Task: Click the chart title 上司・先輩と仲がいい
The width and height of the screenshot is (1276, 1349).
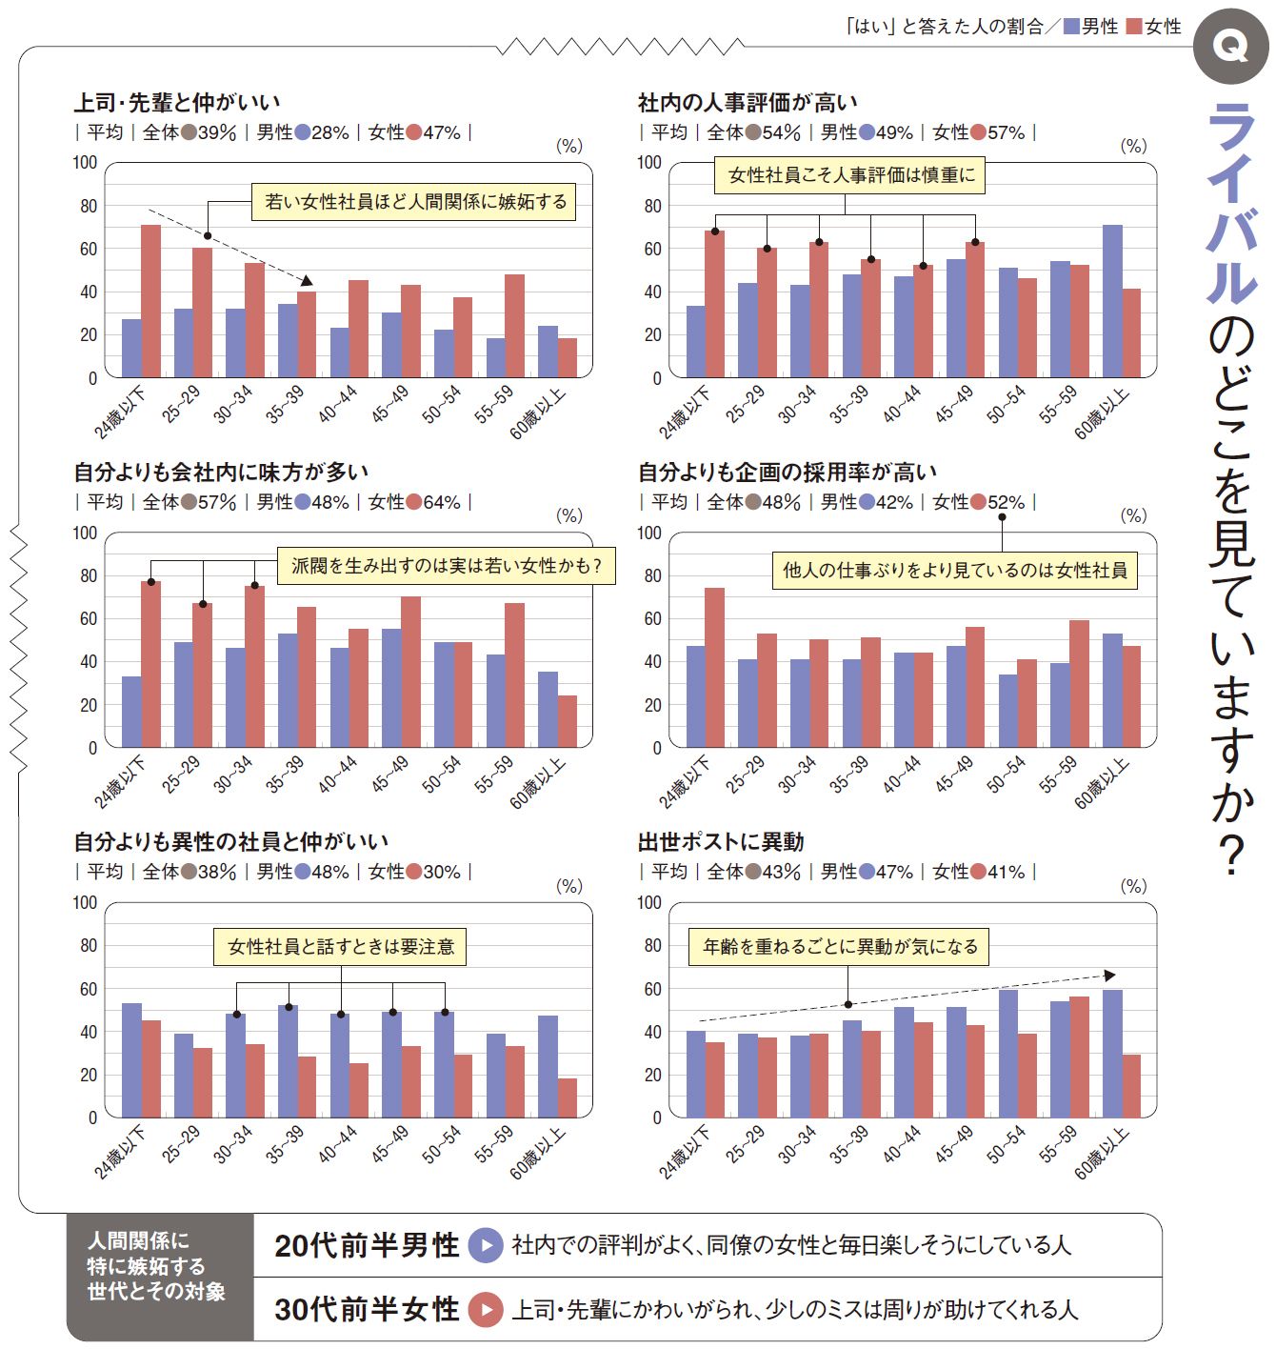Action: click(x=177, y=102)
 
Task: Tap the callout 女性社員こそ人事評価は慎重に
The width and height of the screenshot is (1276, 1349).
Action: click(x=850, y=175)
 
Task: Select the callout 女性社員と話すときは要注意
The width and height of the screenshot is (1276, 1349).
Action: click(x=340, y=946)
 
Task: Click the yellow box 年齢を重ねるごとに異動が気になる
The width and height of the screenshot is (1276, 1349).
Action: click(x=839, y=947)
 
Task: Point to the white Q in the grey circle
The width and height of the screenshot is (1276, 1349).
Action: click(x=1231, y=46)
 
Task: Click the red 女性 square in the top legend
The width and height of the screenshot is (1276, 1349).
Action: click(x=1133, y=27)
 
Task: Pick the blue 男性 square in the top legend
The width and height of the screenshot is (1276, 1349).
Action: click(x=1071, y=27)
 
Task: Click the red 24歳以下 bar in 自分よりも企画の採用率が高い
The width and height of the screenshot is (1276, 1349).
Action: click(x=714, y=667)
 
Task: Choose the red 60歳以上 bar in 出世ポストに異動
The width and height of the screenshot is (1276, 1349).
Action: click(x=1131, y=1086)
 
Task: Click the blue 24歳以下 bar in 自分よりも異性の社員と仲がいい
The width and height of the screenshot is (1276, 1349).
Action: click(x=131, y=1060)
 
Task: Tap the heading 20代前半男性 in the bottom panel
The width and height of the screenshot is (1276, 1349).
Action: click(x=367, y=1245)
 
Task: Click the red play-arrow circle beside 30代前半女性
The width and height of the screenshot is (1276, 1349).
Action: click(x=486, y=1310)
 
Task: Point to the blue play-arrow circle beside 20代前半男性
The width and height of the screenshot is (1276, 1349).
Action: click(x=486, y=1245)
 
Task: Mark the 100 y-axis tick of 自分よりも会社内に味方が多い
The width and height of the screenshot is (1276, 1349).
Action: click(x=86, y=534)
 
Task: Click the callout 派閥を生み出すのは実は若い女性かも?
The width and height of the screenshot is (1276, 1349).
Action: click(x=446, y=566)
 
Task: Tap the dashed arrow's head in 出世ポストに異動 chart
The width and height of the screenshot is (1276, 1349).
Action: click(x=1109, y=976)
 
